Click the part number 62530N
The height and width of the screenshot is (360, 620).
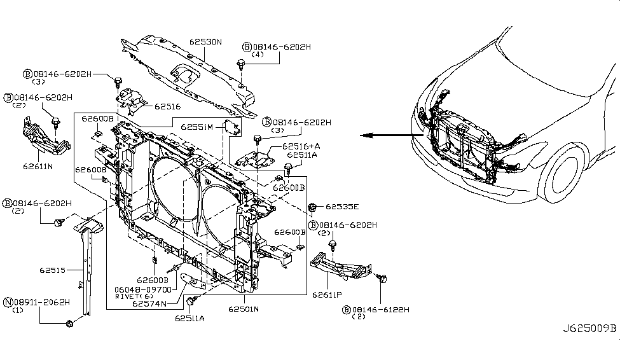[205, 43]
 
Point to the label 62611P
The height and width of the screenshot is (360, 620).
[326, 294]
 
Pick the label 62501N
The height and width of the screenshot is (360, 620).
[243, 309]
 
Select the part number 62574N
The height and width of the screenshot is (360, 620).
[150, 303]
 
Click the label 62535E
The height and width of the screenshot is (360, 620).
[342, 207]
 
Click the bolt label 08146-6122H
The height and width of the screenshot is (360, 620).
[380, 309]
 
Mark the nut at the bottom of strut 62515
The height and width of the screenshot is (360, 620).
[69, 324]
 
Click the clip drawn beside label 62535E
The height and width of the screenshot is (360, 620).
[313, 206]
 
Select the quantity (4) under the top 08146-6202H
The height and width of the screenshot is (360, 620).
[257, 55]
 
